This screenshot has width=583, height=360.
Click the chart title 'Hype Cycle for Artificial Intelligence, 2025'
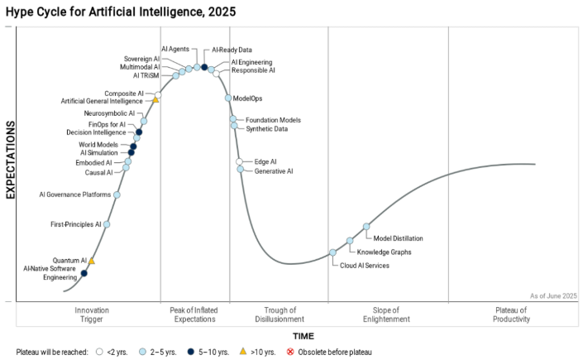tap(121, 12)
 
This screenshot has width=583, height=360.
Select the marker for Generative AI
tap(241, 170)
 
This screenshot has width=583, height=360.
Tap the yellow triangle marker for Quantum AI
tap(92, 261)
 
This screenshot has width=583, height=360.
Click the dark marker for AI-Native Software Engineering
tap(84, 273)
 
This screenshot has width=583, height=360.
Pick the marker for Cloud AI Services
tap(333, 252)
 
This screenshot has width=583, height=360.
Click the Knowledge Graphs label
tap(384, 252)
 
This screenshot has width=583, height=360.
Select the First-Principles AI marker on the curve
tap(107, 224)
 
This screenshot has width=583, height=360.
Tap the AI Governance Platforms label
tap(75, 195)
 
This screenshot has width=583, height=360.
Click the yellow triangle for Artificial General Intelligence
tap(155, 100)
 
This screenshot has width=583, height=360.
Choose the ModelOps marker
tap(228, 98)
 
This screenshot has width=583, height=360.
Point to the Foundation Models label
tap(273, 120)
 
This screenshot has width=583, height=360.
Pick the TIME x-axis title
tap(303, 336)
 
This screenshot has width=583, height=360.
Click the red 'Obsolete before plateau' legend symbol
tap(289, 352)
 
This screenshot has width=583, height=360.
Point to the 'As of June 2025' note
tap(553, 295)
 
